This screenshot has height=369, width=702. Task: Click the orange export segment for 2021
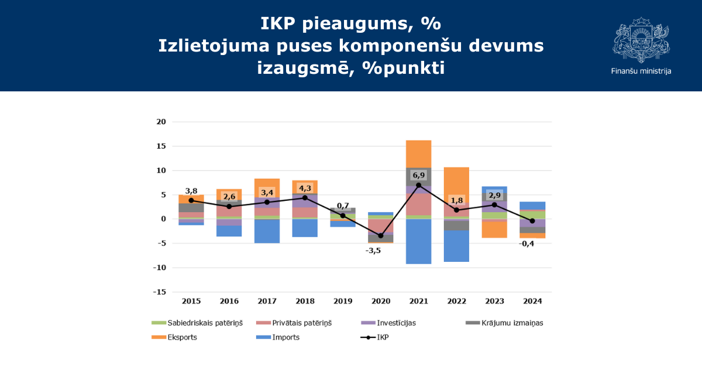point(419,154)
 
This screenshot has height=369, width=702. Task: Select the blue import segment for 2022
point(457,246)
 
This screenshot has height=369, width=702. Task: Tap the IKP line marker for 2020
point(381,235)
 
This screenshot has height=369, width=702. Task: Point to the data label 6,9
point(419,175)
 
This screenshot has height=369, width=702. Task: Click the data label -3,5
point(373,251)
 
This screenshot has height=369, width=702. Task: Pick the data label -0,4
point(526,244)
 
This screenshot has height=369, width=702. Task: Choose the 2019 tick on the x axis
point(343,301)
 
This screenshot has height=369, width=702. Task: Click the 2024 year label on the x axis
point(532,301)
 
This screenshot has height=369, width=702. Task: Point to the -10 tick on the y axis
point(160,268)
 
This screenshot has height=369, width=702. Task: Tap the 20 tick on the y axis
point(161,122)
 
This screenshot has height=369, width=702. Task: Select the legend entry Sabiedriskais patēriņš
point(197,323)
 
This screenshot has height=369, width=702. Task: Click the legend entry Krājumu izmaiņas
point(504,323)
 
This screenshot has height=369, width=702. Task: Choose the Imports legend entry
point(278,337)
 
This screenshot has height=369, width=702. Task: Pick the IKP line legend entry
point(374,337)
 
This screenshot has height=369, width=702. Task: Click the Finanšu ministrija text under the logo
point(641,71)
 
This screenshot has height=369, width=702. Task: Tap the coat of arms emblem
point(641,40)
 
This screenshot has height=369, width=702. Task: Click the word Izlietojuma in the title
point(214,46)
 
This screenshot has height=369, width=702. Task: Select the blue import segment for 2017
point(267,231)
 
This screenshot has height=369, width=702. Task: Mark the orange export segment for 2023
point(494,230)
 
